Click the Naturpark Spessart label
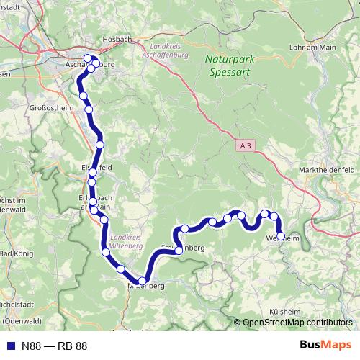pyautogui.click(x=230, y=66)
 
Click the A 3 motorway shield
pyautogui.click(x=246, y=145)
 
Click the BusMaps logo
pyautogui.click(x=325, y=346)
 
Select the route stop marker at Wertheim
pyautogui.click(x=280, y=234)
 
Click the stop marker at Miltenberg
pyautogui.click(x=143, y=281)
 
